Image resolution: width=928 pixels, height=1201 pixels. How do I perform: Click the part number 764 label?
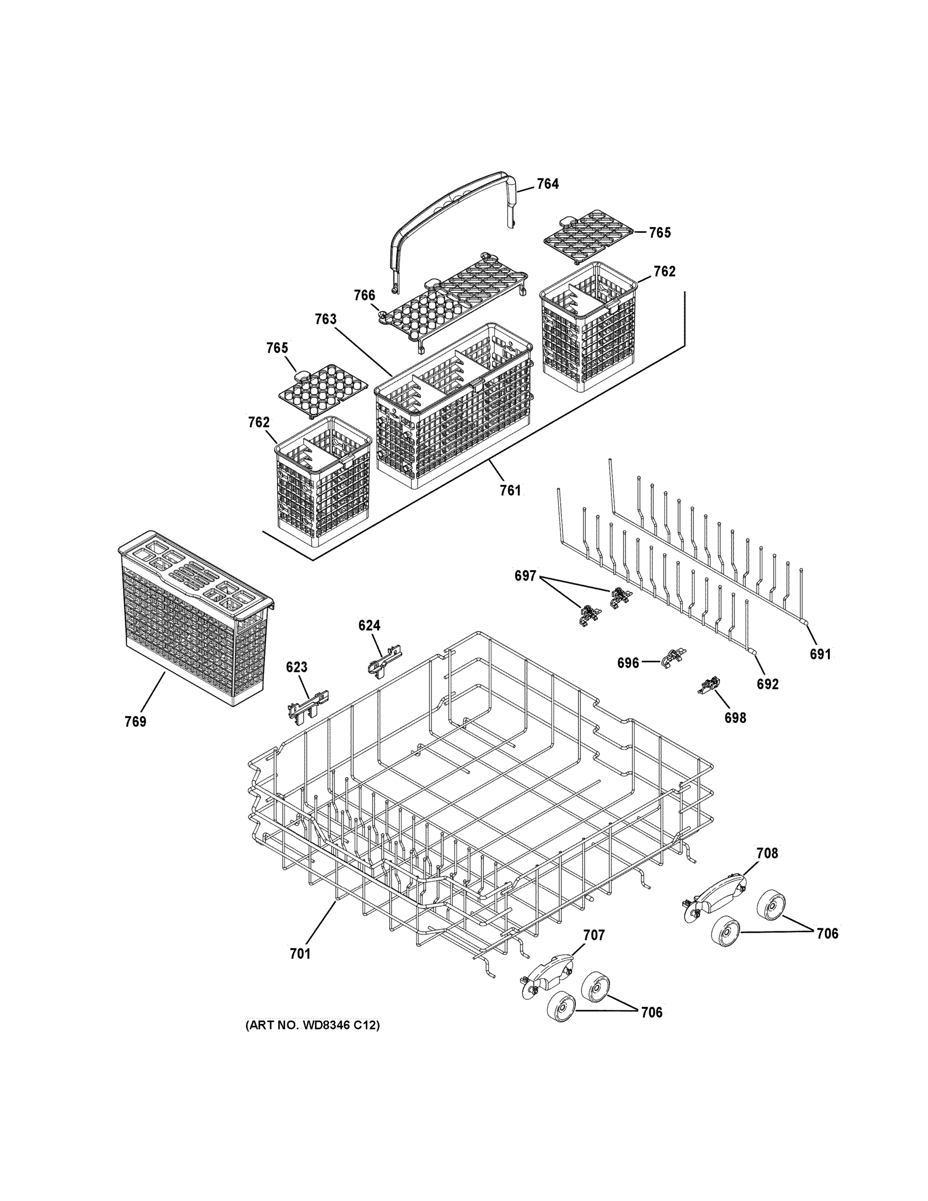coord(548,184)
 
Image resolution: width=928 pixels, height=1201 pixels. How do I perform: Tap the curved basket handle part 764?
coord(451,209)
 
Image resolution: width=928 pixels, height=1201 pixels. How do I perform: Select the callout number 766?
coord(365,296)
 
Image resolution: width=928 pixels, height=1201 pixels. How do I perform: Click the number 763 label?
coord(326,319)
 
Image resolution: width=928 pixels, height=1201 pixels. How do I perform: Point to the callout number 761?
coord(510,490)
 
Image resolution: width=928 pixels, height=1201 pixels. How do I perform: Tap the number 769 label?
coord(135,722)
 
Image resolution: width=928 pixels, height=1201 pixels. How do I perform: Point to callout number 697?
coord(525,576)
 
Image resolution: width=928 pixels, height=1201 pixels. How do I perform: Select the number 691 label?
coord(820,654)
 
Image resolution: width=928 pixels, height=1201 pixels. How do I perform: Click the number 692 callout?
coord(767,684)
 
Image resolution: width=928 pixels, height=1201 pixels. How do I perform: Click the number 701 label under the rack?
coord(300,954)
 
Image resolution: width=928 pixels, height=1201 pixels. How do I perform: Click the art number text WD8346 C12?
coord(312,1025)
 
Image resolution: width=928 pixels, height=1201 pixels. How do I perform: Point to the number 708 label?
coord(767,853)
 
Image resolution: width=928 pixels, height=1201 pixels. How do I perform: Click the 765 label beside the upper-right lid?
coord(660,233)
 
